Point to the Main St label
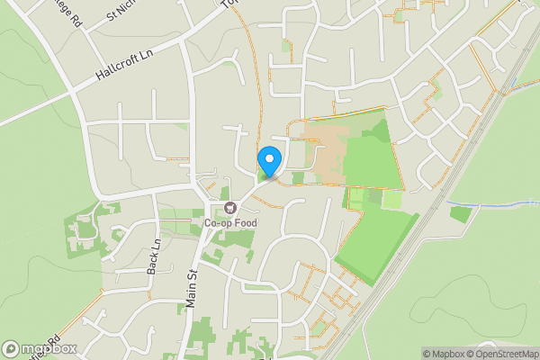pyautogui.click(x=192, y=290)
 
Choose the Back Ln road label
pyautogui.click(x=154, y=257)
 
